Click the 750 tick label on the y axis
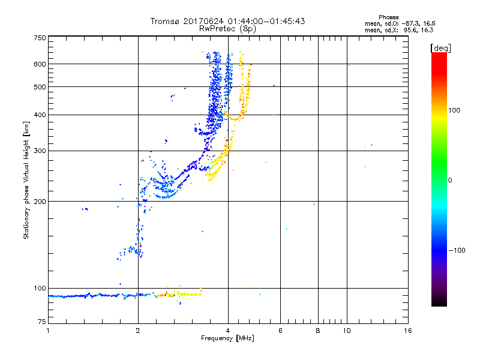[39, 38]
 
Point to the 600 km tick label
[39, 64]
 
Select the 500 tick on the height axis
[39, 86]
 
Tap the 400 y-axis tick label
[39, 115]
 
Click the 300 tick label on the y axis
[39, 151]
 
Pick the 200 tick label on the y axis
[39, 201]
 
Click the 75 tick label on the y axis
[41, 323]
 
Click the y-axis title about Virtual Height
[26, 180]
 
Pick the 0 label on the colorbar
[450, 180]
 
